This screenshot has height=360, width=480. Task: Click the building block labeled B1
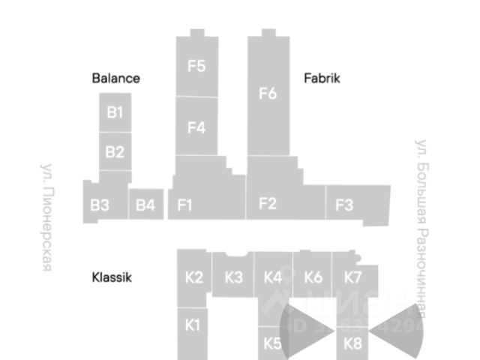click(115, 112)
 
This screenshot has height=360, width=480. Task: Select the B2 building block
click(115, 152)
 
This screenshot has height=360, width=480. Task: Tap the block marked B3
click(100, 204)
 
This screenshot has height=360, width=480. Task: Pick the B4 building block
click(145, 204)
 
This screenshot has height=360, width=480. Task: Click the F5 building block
click(196, 66)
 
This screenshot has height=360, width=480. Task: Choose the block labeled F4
click(196, 127)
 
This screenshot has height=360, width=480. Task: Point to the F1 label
click(185, 205)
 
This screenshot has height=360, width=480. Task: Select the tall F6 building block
click(268, 94)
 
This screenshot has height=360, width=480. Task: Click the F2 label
click(268, 202)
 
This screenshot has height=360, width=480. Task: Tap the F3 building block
click(344, 205)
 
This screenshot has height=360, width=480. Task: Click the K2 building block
click(193, 277)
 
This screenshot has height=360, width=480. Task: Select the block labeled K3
click(233, 277)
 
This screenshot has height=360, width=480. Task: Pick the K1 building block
click(193, 325)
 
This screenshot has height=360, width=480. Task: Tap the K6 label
click(313, 277)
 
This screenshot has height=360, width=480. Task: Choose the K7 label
click(353, 277)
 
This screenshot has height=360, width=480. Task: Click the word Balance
click(116, 78)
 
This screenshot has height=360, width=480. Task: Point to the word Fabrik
click(322, 78)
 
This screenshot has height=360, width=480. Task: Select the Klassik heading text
click(112, 277)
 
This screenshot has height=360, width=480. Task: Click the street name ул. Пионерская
click(46, 217)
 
